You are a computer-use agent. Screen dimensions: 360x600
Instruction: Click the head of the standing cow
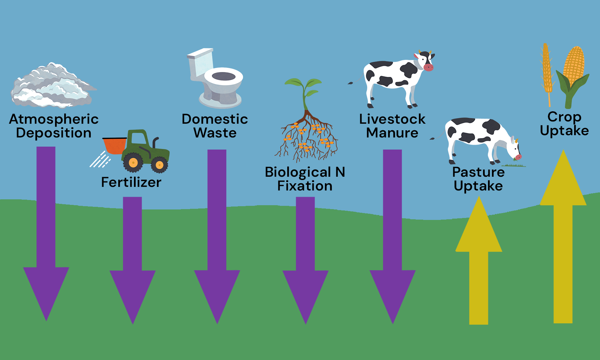coord(425,61)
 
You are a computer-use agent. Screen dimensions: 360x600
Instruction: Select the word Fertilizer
coord(131,182)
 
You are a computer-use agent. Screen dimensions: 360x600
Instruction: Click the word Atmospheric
coord(54,119)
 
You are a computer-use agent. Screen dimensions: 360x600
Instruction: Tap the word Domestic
coord(215,119)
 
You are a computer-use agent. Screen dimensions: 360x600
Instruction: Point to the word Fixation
coord(305,186)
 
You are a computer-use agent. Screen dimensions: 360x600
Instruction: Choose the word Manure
coord(392,133)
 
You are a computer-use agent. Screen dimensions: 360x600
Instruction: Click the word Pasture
coord(478,172)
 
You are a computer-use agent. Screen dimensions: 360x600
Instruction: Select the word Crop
coord(564,117)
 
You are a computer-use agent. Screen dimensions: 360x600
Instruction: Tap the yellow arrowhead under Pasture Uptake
coord(478,229)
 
